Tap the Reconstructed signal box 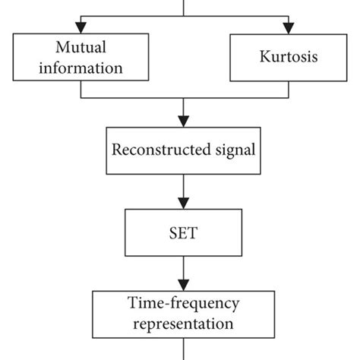[x=182, y=150]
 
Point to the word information [x=81, y=68]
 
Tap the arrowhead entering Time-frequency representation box [x=182, y=283]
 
